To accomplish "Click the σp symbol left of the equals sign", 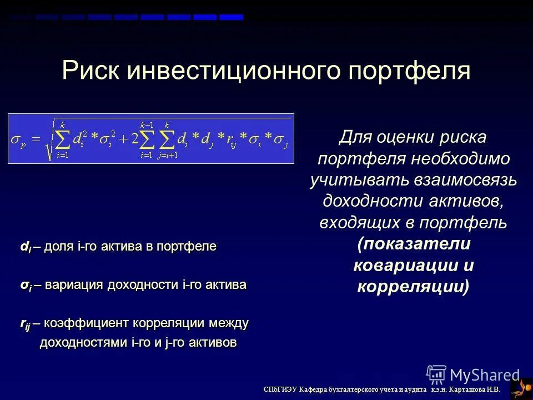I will [18, 139].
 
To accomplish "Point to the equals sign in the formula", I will [36, 139].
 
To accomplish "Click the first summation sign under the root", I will [63, 139].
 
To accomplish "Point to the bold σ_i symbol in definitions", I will [26, 286].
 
